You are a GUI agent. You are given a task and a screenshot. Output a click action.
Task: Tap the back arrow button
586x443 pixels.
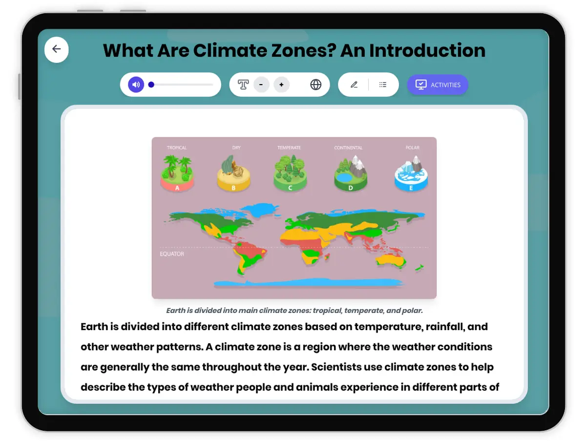click(x=57, y=49)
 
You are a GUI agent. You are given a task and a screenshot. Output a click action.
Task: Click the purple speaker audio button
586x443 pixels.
click(x=136, y=85)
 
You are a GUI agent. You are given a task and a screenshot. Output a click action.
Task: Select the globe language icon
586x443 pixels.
click(x=316, y=85)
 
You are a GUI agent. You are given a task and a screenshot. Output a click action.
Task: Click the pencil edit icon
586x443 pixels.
click(x=354, y=85)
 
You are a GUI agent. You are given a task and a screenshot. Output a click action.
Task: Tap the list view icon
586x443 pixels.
click(x=383, y=85)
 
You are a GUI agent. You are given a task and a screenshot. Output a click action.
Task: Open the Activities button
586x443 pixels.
click(x=438, y=85)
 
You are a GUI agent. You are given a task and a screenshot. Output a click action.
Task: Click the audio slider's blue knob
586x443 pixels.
click(x=151, y=85)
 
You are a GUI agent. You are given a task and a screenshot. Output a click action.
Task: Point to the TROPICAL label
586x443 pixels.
click(x=177, y=148)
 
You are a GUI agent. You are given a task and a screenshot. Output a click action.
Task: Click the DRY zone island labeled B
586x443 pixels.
click(x=233, y=175)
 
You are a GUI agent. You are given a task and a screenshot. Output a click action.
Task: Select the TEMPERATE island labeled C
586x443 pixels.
click(x=290, y=175)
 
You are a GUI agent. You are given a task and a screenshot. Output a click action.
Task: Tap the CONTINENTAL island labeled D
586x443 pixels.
click(x=350, y=175)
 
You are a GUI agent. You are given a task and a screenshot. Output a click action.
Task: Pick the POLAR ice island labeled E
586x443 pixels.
click(x=411, y=175)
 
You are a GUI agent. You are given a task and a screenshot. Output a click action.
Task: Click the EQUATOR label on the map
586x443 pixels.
click(x=172, y=254)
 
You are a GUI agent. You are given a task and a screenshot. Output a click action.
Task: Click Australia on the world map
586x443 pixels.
click(x=391, y=260)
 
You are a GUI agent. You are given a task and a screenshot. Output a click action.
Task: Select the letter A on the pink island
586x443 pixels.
click(x=177, y=188)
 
